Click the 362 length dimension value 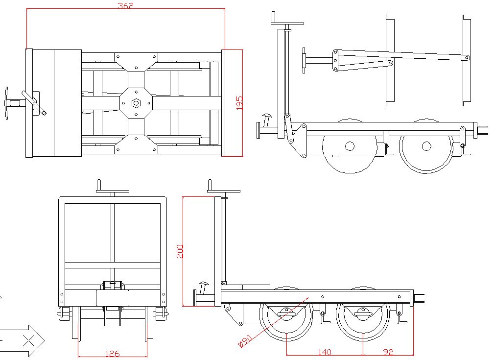(125, 6)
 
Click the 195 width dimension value (239, 103)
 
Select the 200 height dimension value (180, 251)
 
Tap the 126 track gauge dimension (112, 354)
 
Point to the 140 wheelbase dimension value (325, 352)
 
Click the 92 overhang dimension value (388, 352)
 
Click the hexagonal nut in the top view (137, 103)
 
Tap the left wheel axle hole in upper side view (350, 146)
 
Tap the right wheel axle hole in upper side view (426, 146)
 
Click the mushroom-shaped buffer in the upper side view (267, 118)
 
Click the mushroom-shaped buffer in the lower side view (203, 285)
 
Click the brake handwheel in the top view (6, 103)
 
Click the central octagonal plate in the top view (137, 103)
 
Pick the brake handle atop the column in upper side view (288, 22)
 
